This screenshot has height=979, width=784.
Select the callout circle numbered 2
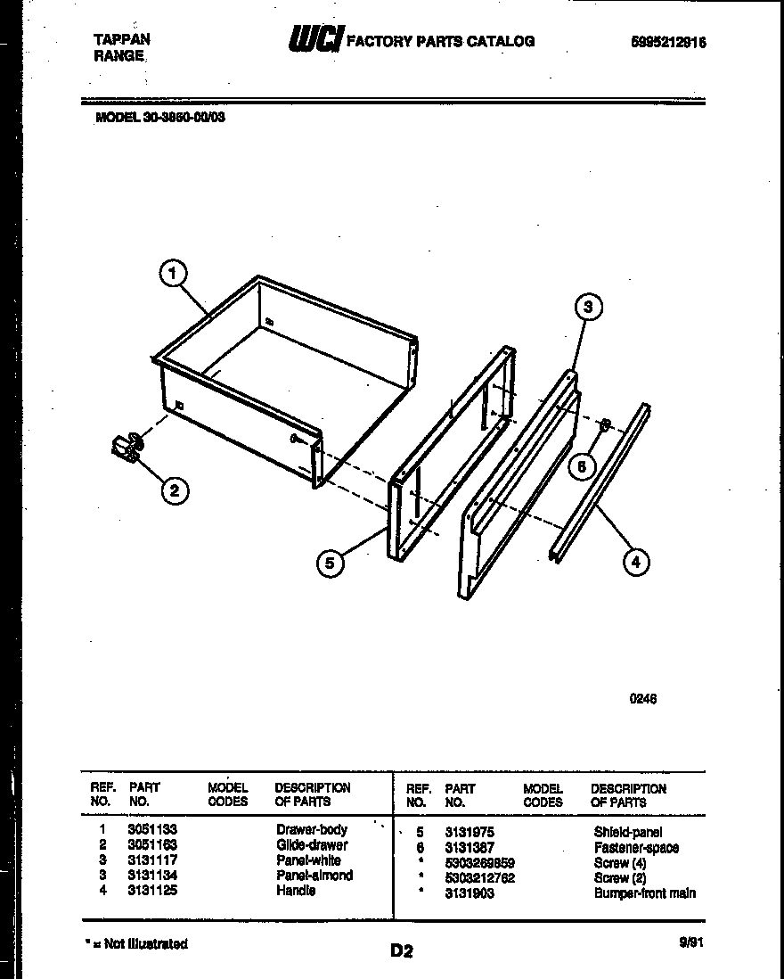point(175,489)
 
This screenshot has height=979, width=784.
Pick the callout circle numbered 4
point(634,562)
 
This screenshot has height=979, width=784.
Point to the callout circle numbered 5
point(330,563)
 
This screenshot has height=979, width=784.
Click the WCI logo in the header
point(314,40)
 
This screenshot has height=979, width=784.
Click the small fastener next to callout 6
point(603,424)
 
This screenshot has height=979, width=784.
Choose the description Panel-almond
point(314,876)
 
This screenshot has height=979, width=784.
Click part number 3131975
point(470,832)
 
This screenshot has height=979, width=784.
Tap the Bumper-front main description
point(645,893)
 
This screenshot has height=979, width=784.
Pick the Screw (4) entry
point(620,863)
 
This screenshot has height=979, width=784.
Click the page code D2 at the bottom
point(402,951)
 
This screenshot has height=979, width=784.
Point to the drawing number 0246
point(643,700)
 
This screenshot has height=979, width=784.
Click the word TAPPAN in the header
point(122,39)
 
